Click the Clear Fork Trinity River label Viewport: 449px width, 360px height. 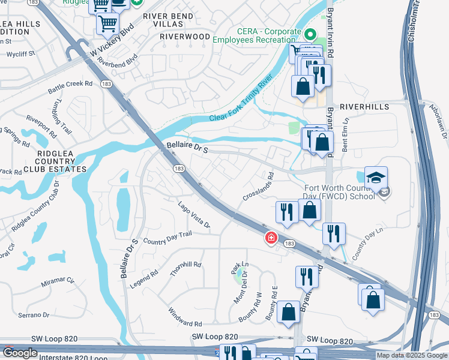tap(241, 98)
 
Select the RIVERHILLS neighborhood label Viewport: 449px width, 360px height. tap(364, 106)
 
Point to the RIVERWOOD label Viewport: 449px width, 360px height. tap(185, 37)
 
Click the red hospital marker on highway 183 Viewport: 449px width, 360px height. tap(271, 238)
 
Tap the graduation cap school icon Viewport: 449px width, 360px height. tap(376, 178)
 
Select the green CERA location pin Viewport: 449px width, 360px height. tap(310, 35)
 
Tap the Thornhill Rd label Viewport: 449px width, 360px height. tap(185, 264)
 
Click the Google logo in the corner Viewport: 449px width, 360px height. tap(20, 352)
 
